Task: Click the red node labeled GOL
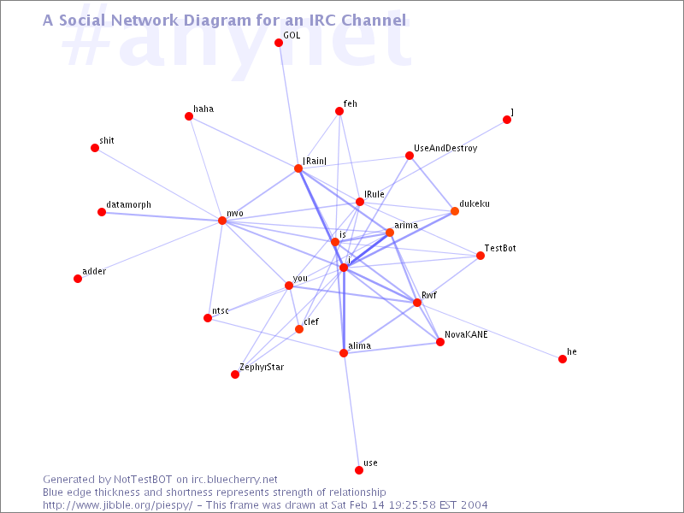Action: point(279,43)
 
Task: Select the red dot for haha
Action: point(189,116)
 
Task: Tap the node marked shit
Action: point(95,148)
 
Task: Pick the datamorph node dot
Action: point(102,212)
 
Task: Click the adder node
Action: point(78,279)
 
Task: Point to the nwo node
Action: point(222,221)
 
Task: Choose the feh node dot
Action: point(339,111)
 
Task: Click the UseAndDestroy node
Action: point(410,156)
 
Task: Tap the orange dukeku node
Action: point(455,211)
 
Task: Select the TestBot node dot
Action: point(481,256)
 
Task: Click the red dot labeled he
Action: point(563,359)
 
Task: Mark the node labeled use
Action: point(359,470)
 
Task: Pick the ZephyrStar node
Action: point(235,374)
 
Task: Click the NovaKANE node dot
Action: point(440,342)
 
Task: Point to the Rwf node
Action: point(417,303)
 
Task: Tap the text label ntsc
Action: point(220,310)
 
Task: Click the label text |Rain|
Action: point(315,160)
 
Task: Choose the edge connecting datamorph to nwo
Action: point(162,216)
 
